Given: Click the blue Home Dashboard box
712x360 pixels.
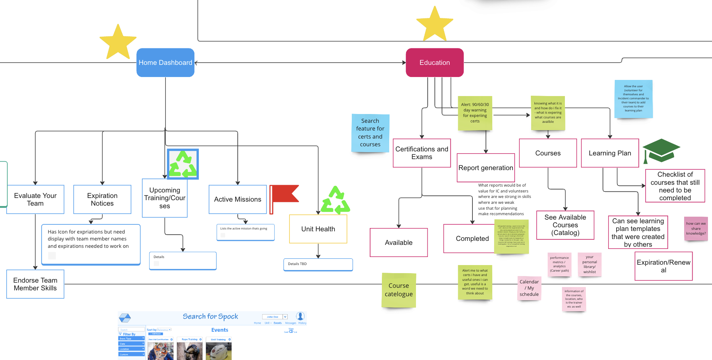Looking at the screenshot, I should click(x=165, y=63).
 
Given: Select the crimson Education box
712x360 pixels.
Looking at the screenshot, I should click(x=434, y=63).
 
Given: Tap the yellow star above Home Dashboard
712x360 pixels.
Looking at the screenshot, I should click(x=118, y=43).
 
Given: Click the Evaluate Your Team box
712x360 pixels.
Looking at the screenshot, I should click(x=35, y=199).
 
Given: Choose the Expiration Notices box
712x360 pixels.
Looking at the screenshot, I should click(x=102, y=199).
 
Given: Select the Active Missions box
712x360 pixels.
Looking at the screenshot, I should click(x=237, y=199).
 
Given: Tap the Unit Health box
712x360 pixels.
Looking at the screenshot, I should click(x=318, y=229).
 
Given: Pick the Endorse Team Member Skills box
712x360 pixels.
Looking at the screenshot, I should click(x=35, y=284).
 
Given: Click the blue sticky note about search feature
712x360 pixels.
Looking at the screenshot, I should click(x=370, y=133).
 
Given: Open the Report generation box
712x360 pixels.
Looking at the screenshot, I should click(x=486, y=168).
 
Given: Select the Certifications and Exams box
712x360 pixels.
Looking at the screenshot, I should click(x=421, y=153).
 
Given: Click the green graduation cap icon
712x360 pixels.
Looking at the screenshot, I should click(x=661, y=150).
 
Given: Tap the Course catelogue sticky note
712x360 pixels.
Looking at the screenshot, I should click(x=399, y=290).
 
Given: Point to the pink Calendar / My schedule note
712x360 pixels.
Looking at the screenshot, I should click(x=529, y=288).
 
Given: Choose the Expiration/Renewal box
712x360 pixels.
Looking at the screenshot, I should click(x=663, y=266).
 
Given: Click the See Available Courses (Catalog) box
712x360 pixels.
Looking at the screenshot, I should click(x=565, y=225).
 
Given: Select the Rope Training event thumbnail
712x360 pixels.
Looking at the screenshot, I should click(x=189, y=350).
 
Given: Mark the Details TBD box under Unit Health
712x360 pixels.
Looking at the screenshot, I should click(x=318, y=264).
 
